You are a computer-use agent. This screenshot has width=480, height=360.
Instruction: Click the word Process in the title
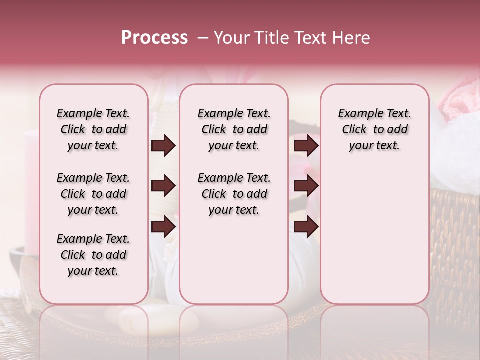point(154,38)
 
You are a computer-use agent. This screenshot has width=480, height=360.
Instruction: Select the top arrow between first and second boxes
point(163,146)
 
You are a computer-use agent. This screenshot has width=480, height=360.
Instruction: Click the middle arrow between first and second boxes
point(163,186)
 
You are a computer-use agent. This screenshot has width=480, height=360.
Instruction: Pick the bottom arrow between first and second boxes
point(163,227)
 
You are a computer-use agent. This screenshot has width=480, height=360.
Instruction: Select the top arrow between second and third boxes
point(306,146)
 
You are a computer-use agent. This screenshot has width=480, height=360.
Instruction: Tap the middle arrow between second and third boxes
point(306,186)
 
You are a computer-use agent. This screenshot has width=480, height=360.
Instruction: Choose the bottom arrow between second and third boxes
point(306,227)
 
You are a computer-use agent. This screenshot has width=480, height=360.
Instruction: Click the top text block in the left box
point(93,129)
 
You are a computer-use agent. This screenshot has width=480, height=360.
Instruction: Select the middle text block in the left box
point(93,194)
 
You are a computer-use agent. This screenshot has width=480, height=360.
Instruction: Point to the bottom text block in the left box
point(93,255)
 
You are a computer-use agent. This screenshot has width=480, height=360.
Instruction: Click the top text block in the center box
point(234,129)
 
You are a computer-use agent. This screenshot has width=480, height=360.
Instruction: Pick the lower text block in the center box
point(234,194)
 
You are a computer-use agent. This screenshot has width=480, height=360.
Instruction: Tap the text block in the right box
point(374,129)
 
